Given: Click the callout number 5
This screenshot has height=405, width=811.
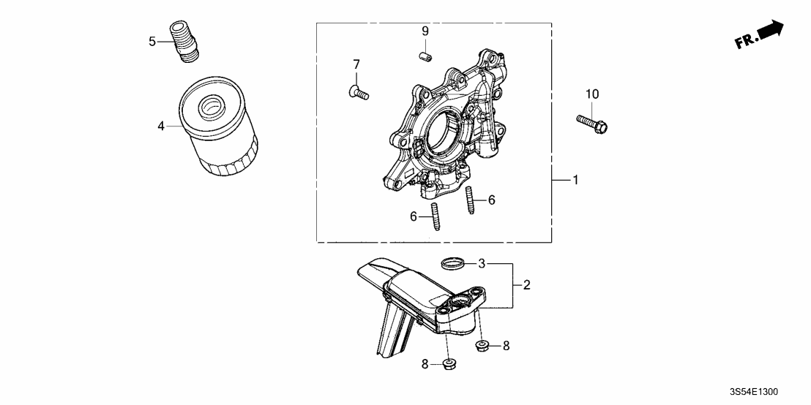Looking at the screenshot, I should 152,42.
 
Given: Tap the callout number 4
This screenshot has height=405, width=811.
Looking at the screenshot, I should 160,126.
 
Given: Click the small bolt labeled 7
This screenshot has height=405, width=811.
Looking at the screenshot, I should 357,92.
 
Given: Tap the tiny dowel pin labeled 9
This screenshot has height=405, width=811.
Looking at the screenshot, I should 425,56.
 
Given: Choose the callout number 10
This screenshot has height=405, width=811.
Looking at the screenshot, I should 591,94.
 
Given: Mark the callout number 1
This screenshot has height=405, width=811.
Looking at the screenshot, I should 575,180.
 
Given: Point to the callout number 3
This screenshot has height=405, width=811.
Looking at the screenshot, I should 482,263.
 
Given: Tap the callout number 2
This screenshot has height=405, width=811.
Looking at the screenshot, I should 527,285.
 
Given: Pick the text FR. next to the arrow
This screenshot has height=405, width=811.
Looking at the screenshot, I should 745,42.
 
